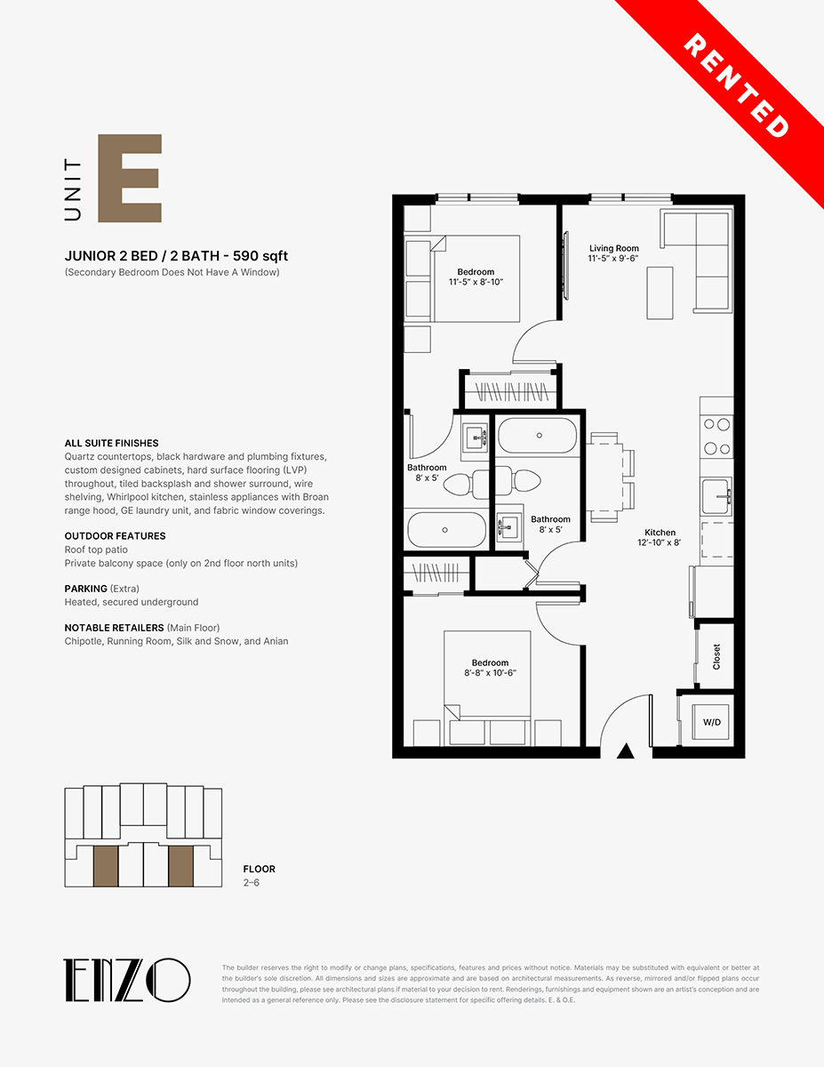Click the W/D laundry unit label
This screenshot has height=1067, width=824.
(x=712, y=722)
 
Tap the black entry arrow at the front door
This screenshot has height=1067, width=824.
(x=625, y=750)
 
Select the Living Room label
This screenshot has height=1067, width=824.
(x=614, y=248)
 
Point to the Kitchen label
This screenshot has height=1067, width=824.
(x=660, y=533)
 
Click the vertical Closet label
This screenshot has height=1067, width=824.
(x=716, y=656)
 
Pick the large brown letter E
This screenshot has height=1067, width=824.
(x=130, y=178)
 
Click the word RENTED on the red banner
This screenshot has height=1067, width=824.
(x=736, y=85)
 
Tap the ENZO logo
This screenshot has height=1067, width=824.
(x=126, y=980)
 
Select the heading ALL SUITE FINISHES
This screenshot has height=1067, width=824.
(x=111, y=443)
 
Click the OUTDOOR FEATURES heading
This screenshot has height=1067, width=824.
(x=115, y=535)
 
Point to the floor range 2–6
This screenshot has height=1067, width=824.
(x=252, y=882)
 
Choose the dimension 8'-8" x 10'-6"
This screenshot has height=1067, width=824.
(x=491, y=673)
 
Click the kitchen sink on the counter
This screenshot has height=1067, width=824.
(x=716, y=496)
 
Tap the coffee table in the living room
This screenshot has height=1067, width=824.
(x=660, y=293)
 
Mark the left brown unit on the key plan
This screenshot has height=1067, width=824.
(x=106, y=866)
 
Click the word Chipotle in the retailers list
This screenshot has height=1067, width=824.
(x=83, y=641)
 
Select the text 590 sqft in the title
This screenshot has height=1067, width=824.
(x=260, y=256)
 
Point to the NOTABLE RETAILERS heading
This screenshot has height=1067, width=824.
(x=114, y=628)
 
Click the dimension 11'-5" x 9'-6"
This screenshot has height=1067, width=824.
(x=613, y=258)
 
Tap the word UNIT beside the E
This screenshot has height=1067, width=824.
(x=73, y=189)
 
